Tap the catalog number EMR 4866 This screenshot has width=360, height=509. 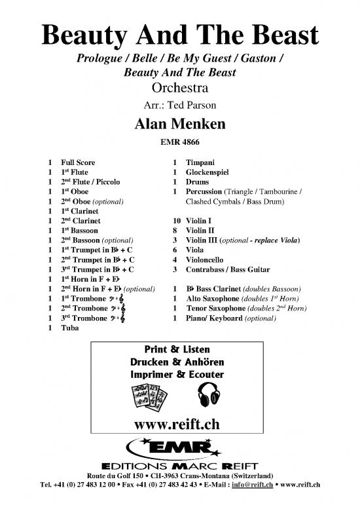click(x=179, y=141)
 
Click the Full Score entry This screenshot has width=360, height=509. click(x=78, y=161)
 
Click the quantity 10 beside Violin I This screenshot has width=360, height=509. click(x=168, y=222)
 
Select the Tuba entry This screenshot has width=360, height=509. click(x=69, y=330)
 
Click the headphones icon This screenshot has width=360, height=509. click(x=208, y=394)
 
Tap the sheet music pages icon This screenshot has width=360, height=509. click(x=147, y=395)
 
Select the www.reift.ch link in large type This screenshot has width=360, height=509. click(x=179, y=424)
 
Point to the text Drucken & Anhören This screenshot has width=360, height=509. click(x=179, y=362)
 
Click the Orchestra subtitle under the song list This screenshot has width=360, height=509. click(x=179, y=87)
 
